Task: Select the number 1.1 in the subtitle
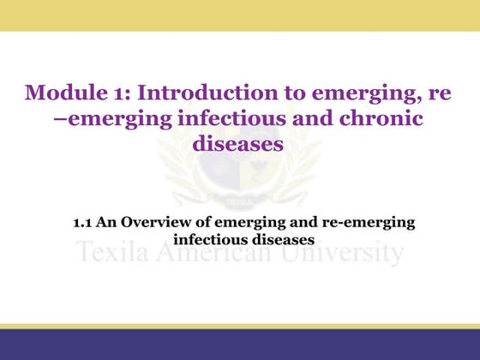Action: coord(83,222)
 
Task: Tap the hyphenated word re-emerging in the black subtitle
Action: coord(366,222)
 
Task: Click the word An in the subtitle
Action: coord(109,222)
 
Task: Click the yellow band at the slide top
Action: coord(240,15)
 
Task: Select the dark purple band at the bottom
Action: coord(240,345)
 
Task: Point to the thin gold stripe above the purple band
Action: coord(240,327)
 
